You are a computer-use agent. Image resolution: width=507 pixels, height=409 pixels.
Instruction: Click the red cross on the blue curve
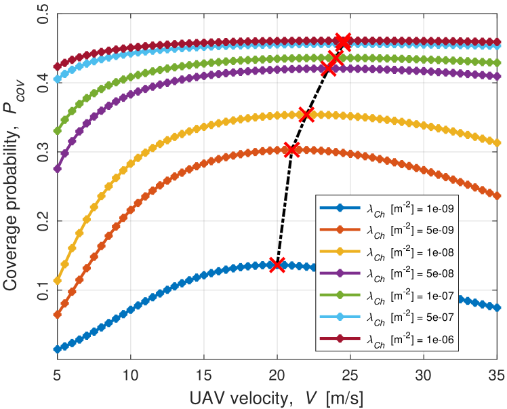[277, 265]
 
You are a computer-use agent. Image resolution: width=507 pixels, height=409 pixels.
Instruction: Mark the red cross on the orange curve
[291, 150]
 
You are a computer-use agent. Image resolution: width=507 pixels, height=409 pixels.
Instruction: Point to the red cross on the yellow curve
[306, 115]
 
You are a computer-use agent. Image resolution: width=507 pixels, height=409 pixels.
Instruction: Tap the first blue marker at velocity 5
[57, 349]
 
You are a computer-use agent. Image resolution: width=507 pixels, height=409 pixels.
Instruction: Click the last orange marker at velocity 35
[496, 195]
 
